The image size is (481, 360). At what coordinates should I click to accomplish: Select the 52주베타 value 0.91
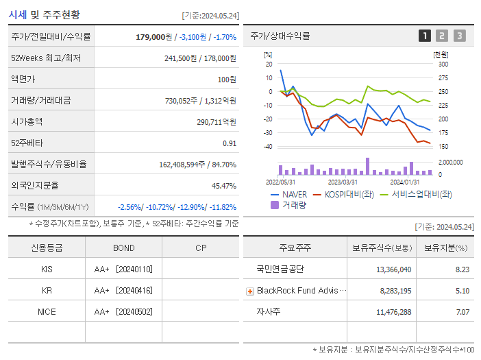tap(229, 143)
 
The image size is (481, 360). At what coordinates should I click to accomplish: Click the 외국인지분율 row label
tap(35, 186)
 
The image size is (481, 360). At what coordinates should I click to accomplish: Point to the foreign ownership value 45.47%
tap(223, 186)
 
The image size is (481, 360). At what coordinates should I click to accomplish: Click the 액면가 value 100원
tap(226, 80)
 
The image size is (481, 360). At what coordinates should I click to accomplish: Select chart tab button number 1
tap(425, 36)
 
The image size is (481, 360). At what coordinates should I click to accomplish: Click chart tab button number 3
tap(459, 36)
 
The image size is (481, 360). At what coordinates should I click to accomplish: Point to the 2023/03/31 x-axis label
tap(343, 182)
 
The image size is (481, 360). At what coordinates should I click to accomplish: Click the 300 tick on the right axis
tap(443, 64)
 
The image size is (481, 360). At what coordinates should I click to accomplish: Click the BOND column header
tap(123, 248)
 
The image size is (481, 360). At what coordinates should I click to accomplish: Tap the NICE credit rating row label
tap(47, 311)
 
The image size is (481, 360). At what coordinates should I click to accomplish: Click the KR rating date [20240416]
tap(136, 290)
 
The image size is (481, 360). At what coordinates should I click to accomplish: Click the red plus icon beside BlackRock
tap(250, 291)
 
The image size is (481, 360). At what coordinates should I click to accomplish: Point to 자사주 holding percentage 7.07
tap(462, 311)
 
